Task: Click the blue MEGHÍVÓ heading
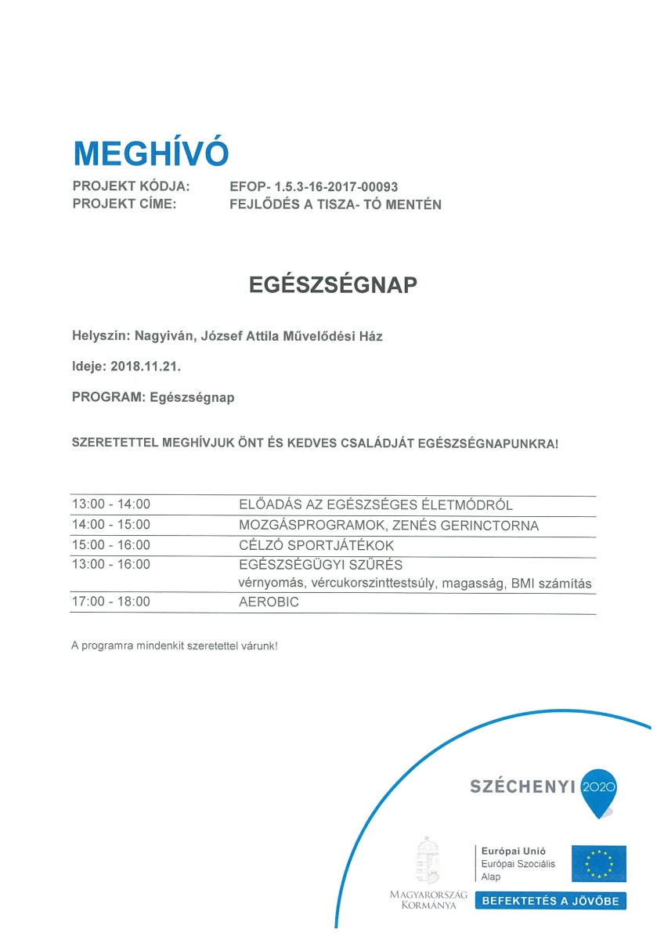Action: pos(150,153)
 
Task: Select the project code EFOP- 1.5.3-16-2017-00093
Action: pos(314,187)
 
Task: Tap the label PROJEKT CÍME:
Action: pos(124,204)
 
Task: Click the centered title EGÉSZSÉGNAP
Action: pos(333,285)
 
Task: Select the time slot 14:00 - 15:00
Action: pos(110,525)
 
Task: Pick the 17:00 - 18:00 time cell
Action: pos(110,602)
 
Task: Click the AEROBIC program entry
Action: pos(269,602)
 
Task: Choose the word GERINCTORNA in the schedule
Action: pos(492,525)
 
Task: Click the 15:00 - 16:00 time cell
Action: pos(110,544)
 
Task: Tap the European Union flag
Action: pos(598,863)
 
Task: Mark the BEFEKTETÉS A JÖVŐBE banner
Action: pos(550,901)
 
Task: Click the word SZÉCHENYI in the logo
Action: pos(522,786)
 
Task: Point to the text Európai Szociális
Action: pos(518,864)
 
